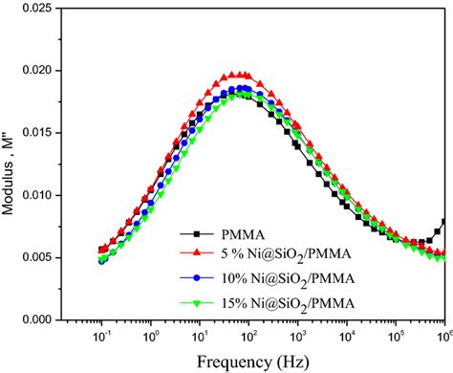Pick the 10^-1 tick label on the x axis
tap(101, 338)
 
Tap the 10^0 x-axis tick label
tap(150, 338)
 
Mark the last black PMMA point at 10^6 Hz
tap(444, 222)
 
